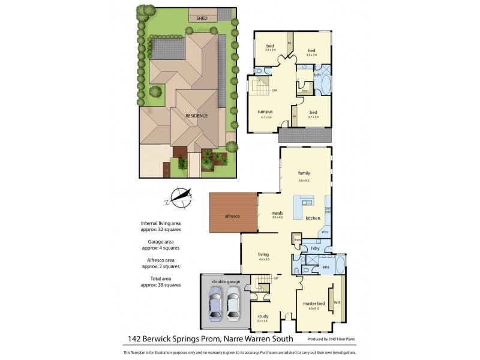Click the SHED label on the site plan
202,19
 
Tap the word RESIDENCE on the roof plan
196,116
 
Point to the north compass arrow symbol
181,196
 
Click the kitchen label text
313,218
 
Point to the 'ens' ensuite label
326,266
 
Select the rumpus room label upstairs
265,112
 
